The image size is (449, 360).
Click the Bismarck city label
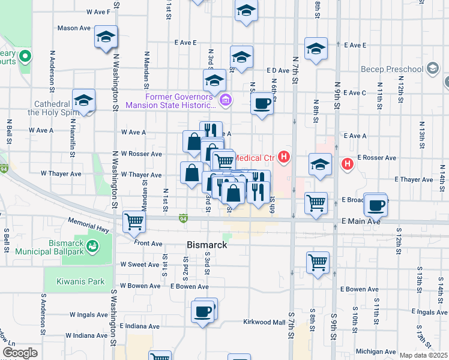pos(206,245)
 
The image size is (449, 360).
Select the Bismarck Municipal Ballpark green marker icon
pos(92,245)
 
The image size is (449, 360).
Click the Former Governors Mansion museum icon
pos(226,99)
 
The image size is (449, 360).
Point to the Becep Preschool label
pos(392,69)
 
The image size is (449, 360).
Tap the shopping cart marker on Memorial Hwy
pos(134,221)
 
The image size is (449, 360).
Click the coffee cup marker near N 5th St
pos(262,103)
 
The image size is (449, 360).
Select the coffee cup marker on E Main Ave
pos(376,205)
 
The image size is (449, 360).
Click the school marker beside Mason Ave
pos(106,37)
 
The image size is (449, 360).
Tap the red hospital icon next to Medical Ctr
pos(284,158)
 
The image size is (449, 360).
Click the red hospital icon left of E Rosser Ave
pos(347,163)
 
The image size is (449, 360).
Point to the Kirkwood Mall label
pos(264,322)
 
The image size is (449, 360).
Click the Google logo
pos(20,353)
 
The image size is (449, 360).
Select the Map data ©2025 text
pos(423,355)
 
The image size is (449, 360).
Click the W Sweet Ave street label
pos(139,264)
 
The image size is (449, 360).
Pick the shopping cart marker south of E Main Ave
pos(317,262)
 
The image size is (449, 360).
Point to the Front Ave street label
pos(148,243)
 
